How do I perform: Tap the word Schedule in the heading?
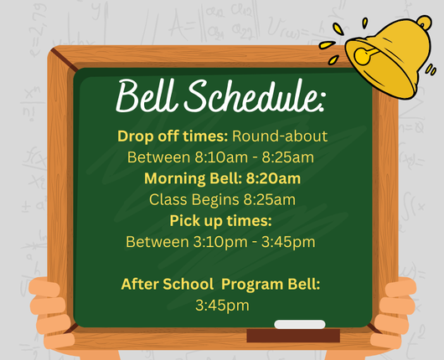250,95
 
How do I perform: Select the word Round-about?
280,136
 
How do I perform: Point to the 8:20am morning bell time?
273,178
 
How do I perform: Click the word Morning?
175,179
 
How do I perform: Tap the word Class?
168,199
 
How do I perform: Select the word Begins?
215,200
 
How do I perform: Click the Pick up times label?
220,221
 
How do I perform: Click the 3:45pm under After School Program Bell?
222,306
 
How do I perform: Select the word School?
188,284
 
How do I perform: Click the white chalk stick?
300,324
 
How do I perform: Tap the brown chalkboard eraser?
293,336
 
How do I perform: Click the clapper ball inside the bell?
362,56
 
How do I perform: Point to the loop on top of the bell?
424,23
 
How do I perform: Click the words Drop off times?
173,136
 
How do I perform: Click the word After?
139,284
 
